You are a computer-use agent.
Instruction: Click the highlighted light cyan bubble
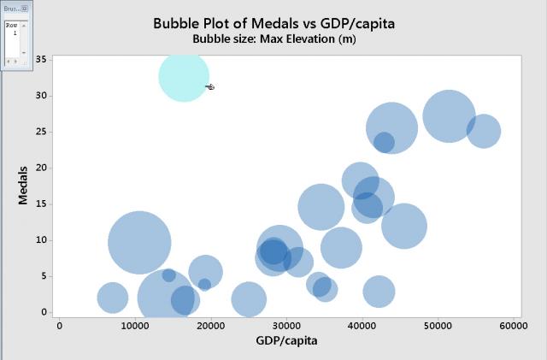[183, 77]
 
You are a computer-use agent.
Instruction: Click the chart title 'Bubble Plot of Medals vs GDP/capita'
[273, 23]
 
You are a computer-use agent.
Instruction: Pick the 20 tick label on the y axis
[43, 168]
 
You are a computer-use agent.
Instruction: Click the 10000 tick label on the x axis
[134, 326]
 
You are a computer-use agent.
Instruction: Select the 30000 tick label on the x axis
[285, 326]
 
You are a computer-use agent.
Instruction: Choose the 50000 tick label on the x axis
[437, 326]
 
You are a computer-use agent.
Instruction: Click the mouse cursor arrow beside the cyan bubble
[209, 86]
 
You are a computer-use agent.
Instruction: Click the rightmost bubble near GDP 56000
[483, 132]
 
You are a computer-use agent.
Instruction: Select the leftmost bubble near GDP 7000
[112, 298]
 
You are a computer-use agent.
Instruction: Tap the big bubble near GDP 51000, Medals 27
[448, 116]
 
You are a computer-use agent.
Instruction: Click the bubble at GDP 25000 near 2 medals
[249, 299]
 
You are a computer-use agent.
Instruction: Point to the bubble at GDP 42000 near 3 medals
[379, 292]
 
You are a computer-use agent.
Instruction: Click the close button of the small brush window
[25, 8]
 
